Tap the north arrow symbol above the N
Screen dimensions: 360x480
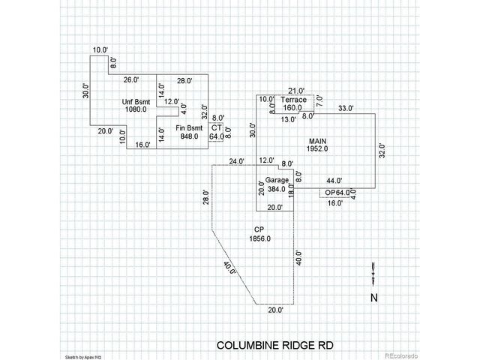[x=373, y=275]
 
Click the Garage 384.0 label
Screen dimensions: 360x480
[x=277, y=184]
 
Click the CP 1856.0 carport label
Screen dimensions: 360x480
[x=259, y=233]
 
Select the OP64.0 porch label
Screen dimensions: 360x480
[x=337, y=193]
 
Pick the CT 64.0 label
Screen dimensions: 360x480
[x=216, y=132]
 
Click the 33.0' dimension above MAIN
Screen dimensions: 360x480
[x=346, y=109]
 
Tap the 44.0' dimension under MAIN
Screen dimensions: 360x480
[x=334, y=181]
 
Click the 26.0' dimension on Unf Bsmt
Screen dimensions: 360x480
[x=131, y=79]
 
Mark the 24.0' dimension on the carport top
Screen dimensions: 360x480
[x=237, y=161]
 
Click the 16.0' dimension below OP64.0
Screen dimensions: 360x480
[x=334, y=202]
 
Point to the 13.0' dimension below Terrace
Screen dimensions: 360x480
[x=287, y=119]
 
